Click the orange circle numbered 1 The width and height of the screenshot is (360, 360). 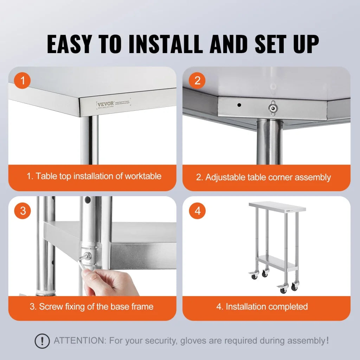pyautogui.click(x=23, y=81)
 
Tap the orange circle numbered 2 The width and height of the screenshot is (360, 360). pyautogui.click(x=197, y=81)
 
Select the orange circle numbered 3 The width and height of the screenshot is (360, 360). pyautogui.click(x=23, y=211)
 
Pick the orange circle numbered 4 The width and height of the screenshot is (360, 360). pyautogui.click(x=197, y=211)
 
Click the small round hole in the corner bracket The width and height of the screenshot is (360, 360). pyautogui.click(x=239, y=105)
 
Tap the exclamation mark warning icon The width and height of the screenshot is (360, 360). pyautogui.click(x=42, y=341)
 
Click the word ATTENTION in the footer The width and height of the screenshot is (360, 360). pyautogui.click(x=79, y=341)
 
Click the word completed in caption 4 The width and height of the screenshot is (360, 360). pyautogui.click(x=288, y=307)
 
